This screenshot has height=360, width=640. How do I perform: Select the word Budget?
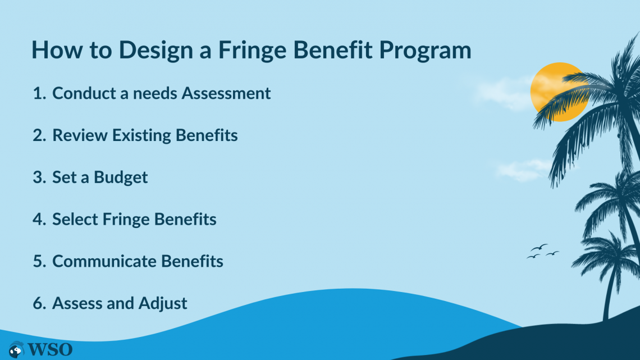[x=121, y=177]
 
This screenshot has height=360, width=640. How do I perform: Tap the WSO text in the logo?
[x=50, y=349]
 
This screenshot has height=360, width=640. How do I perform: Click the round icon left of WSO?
[x=16, y=349]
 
